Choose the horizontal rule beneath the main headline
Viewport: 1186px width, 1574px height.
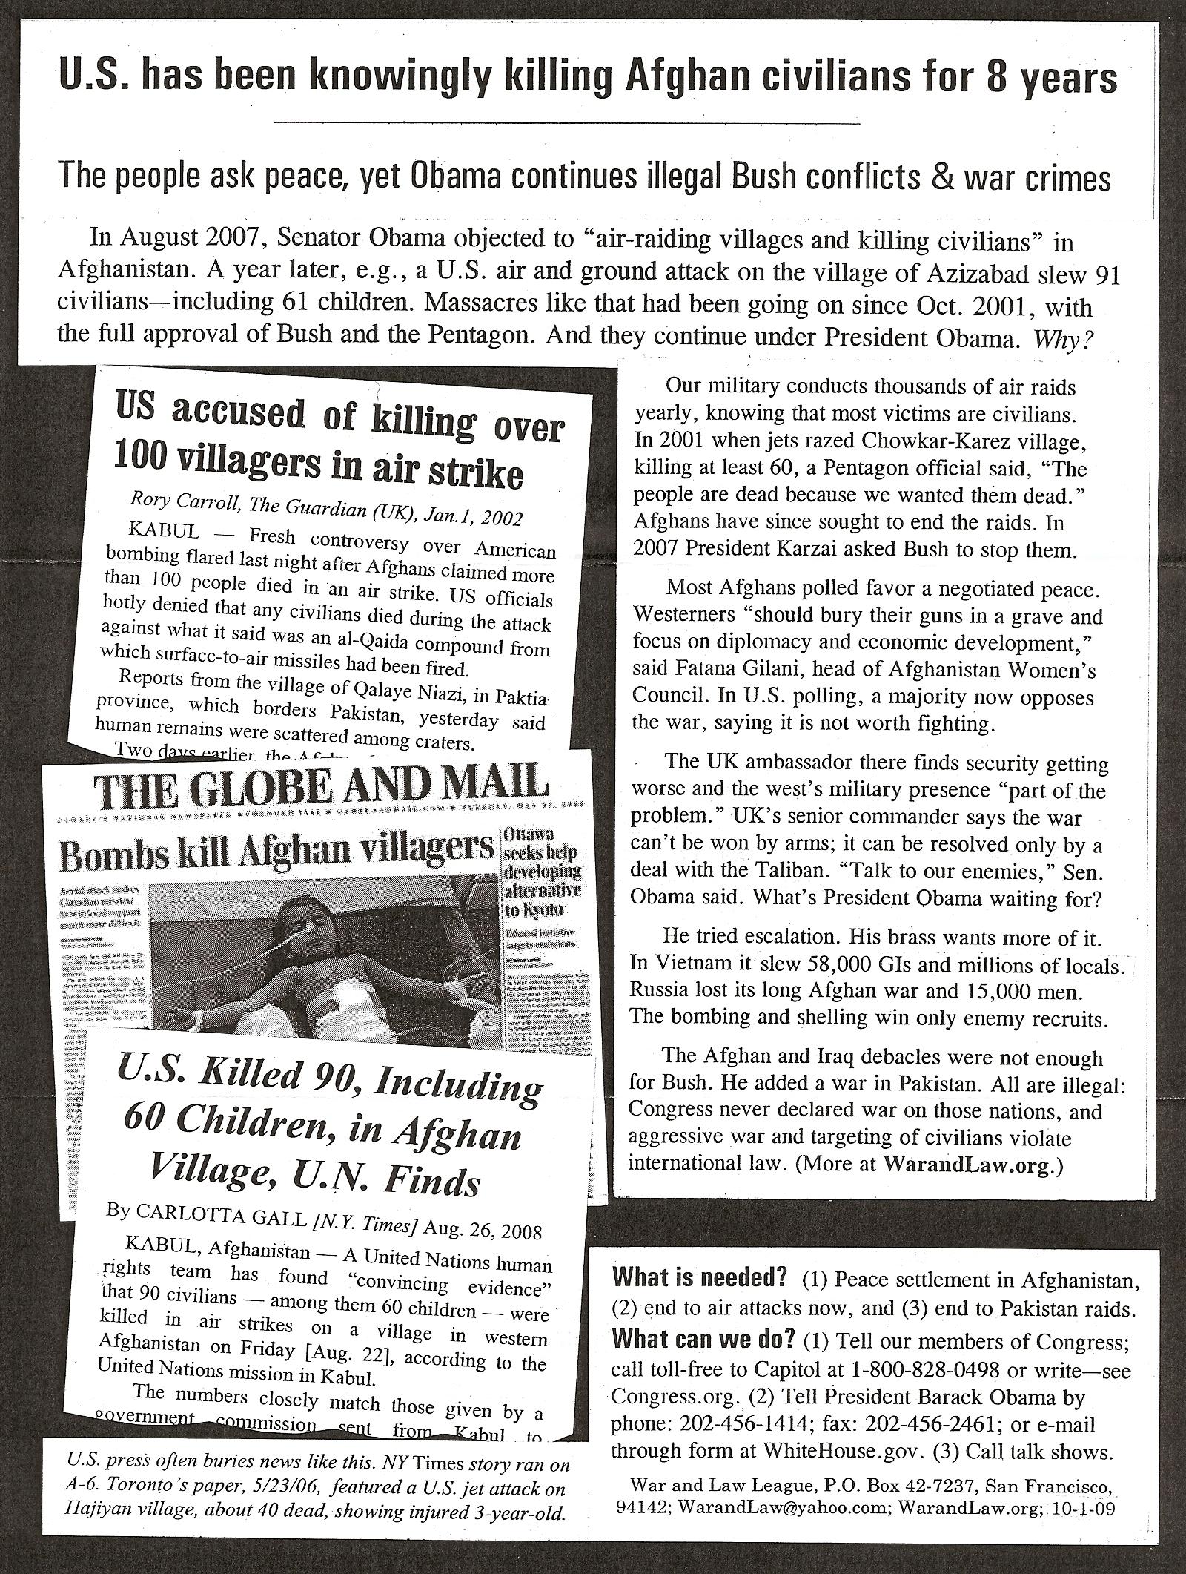tap(566, 122)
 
